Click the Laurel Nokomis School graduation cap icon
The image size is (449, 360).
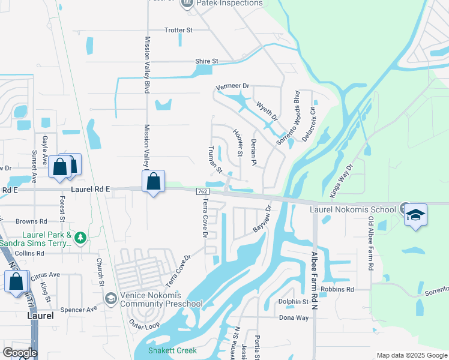(x=415, y=215)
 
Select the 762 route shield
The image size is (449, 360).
(x=202, y=191)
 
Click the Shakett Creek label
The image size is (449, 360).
(x=174, y=350)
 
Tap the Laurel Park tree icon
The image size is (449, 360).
(x=80, y=238)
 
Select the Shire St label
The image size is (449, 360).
(x=206, y=61)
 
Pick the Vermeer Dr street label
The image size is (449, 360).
(x=232, y=86)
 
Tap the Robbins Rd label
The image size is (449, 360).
(x=337, y=289)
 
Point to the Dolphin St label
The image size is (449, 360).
(x=292, y=302)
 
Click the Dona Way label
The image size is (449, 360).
(x=293, y=317)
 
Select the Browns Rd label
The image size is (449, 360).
(x=31, y=221)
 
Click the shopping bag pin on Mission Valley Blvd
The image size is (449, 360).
(x=153, y=181)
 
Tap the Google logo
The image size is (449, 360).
(x=20, y=353)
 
